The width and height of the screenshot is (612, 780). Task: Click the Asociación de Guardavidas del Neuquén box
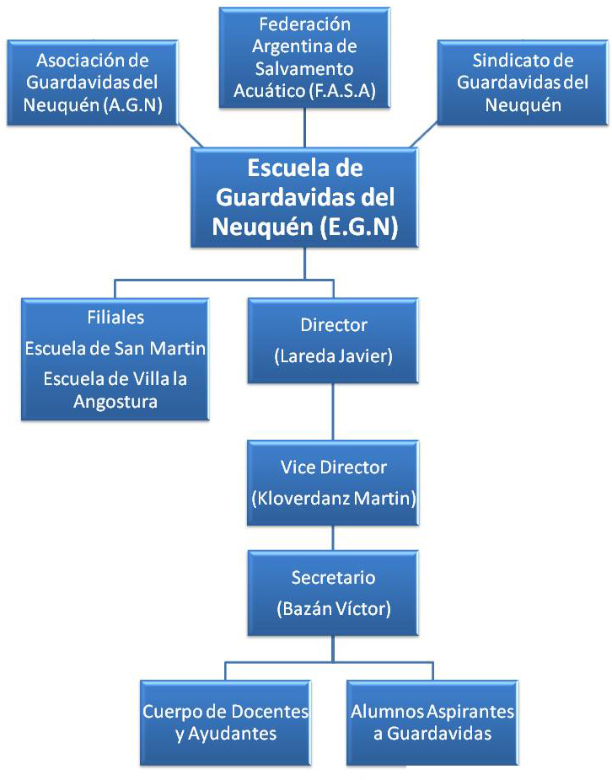(x=93, y=83)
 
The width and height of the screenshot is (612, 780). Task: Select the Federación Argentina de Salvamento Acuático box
(x=305, y=57)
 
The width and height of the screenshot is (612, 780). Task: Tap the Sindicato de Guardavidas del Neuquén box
(x=523, y=83)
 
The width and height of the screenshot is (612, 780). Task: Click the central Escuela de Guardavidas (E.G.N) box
(x=305, y=197)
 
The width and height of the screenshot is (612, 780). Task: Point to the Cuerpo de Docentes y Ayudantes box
(x=225, y=722)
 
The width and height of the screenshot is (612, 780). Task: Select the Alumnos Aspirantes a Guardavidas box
(x=432, y=722)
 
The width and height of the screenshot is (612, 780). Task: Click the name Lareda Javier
(x=334, y=356)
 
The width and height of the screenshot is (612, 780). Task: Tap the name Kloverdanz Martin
(x=334, y=498)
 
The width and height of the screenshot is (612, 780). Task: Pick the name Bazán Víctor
(x=334, y=607)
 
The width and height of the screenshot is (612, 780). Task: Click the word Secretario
(x=334, y=578)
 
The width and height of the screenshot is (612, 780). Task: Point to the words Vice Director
(x=334, y=467)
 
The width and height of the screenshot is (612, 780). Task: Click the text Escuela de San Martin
(x=115, y=348)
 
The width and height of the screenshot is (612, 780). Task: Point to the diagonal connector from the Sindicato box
(x=427, y=135)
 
